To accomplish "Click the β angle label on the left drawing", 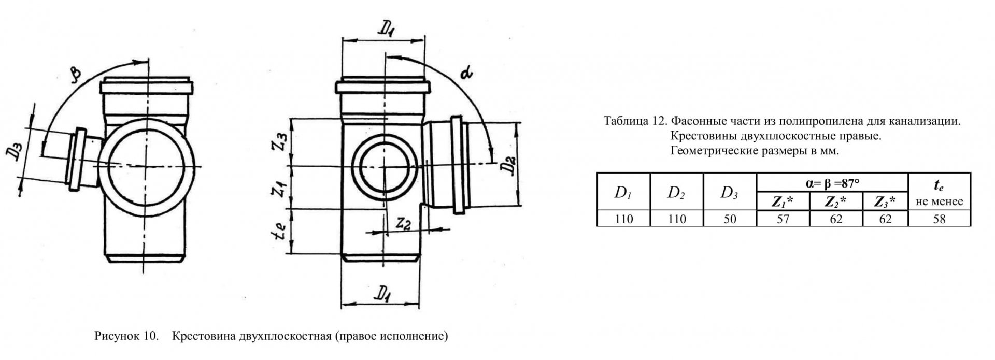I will click(76, 74).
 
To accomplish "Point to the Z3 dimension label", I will click(280, 141).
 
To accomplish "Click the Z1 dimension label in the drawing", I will click(280, 188).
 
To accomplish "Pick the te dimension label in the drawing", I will click(280, 232).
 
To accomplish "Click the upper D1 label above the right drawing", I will click(387, 30).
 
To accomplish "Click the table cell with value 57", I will click(783, 219).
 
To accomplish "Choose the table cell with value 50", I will click(730, 219).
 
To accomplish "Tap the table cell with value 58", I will click(939, 219).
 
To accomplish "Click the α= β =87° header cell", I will click(832, 183).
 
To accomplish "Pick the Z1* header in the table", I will click(783, 202).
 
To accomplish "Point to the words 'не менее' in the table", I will click(939, 201).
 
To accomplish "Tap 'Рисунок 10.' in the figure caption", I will click(126, 336).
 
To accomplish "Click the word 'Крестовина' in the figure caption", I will click(204, 336).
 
